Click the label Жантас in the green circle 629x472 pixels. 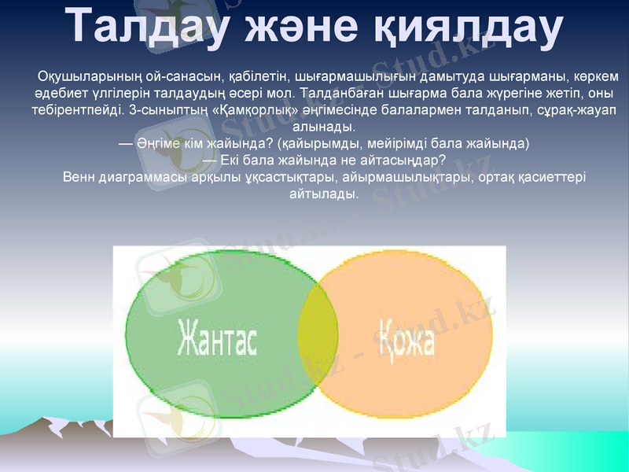click(217, 337)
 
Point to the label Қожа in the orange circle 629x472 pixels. click(407, 337)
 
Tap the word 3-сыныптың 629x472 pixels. click(166, 109)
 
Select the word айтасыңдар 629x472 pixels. click(411, 160)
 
